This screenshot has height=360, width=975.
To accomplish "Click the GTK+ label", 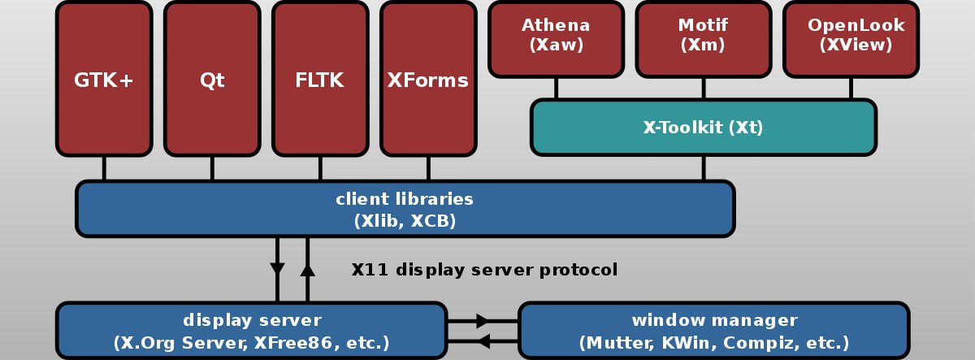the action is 104,80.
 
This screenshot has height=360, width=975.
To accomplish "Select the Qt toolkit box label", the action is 212,80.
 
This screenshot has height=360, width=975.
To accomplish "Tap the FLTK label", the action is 319,80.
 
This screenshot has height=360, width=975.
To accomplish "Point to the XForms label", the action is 428,80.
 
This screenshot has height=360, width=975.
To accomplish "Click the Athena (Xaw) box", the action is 556,40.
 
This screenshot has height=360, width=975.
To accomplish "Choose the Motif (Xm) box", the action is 704,40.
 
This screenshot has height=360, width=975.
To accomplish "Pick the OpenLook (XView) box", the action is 851,40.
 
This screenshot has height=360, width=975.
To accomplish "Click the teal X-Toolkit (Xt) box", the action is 704,127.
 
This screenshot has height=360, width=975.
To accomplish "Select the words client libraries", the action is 405,199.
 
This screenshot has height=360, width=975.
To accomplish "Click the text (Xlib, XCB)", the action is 405,221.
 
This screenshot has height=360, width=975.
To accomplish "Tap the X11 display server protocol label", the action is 484,270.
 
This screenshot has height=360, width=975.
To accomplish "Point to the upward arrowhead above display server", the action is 307,270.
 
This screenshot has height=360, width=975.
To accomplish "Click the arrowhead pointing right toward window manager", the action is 483,321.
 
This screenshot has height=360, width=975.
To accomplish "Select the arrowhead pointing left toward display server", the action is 483,341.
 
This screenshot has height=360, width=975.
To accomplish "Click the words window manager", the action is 715,320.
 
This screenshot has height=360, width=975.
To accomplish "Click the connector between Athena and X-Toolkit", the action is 556,89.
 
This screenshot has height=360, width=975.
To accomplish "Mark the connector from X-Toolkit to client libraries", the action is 704,168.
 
